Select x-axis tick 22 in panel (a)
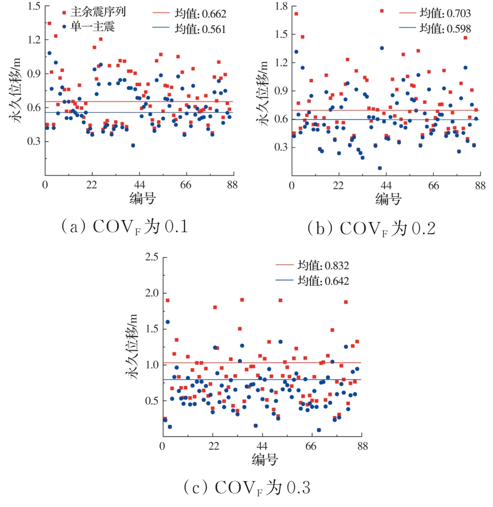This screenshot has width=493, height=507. coord(92,185)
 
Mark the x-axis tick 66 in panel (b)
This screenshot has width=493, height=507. coord(433,186)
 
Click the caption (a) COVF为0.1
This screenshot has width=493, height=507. coord(125,226)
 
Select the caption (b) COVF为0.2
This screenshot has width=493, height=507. coord(372,229)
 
